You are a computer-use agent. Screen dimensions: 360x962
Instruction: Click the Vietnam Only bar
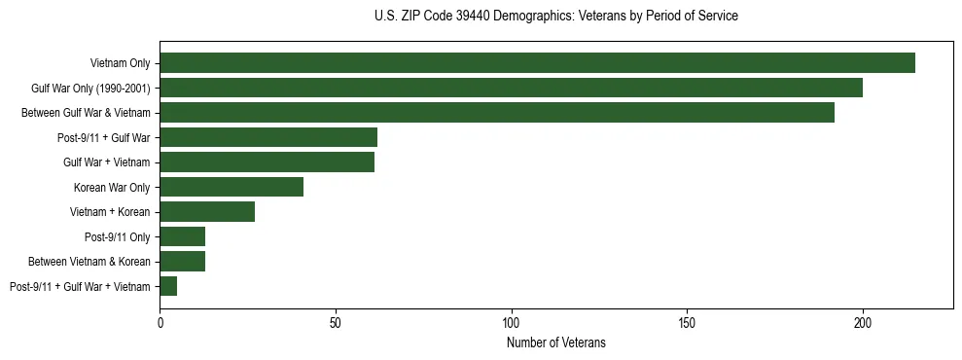click(x=537, y=63)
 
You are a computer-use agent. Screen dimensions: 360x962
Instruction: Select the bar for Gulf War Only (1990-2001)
click(x=511, y=89)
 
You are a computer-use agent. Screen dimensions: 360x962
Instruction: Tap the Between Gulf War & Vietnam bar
click(x=497, y=113)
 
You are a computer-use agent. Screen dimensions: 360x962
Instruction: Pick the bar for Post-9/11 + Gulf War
click(x=268, y=137)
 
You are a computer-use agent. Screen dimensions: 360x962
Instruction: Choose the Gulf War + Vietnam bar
click(x=267, y=162)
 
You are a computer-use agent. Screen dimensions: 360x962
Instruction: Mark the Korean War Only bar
click(x=232, y=187)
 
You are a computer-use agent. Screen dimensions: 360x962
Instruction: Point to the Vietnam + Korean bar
click(x=207, y=212)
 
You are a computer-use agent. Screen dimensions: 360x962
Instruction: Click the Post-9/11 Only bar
click(x=183, y=236)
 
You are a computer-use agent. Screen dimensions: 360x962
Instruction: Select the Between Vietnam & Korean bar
click(x=183, y=261)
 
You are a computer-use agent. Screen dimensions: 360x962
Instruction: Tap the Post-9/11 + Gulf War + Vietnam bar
click(x=168, y=286)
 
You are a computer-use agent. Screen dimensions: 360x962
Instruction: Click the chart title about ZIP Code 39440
click(x=556, y=17)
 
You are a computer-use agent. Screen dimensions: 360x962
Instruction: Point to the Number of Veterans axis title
click(x=556, y=342)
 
